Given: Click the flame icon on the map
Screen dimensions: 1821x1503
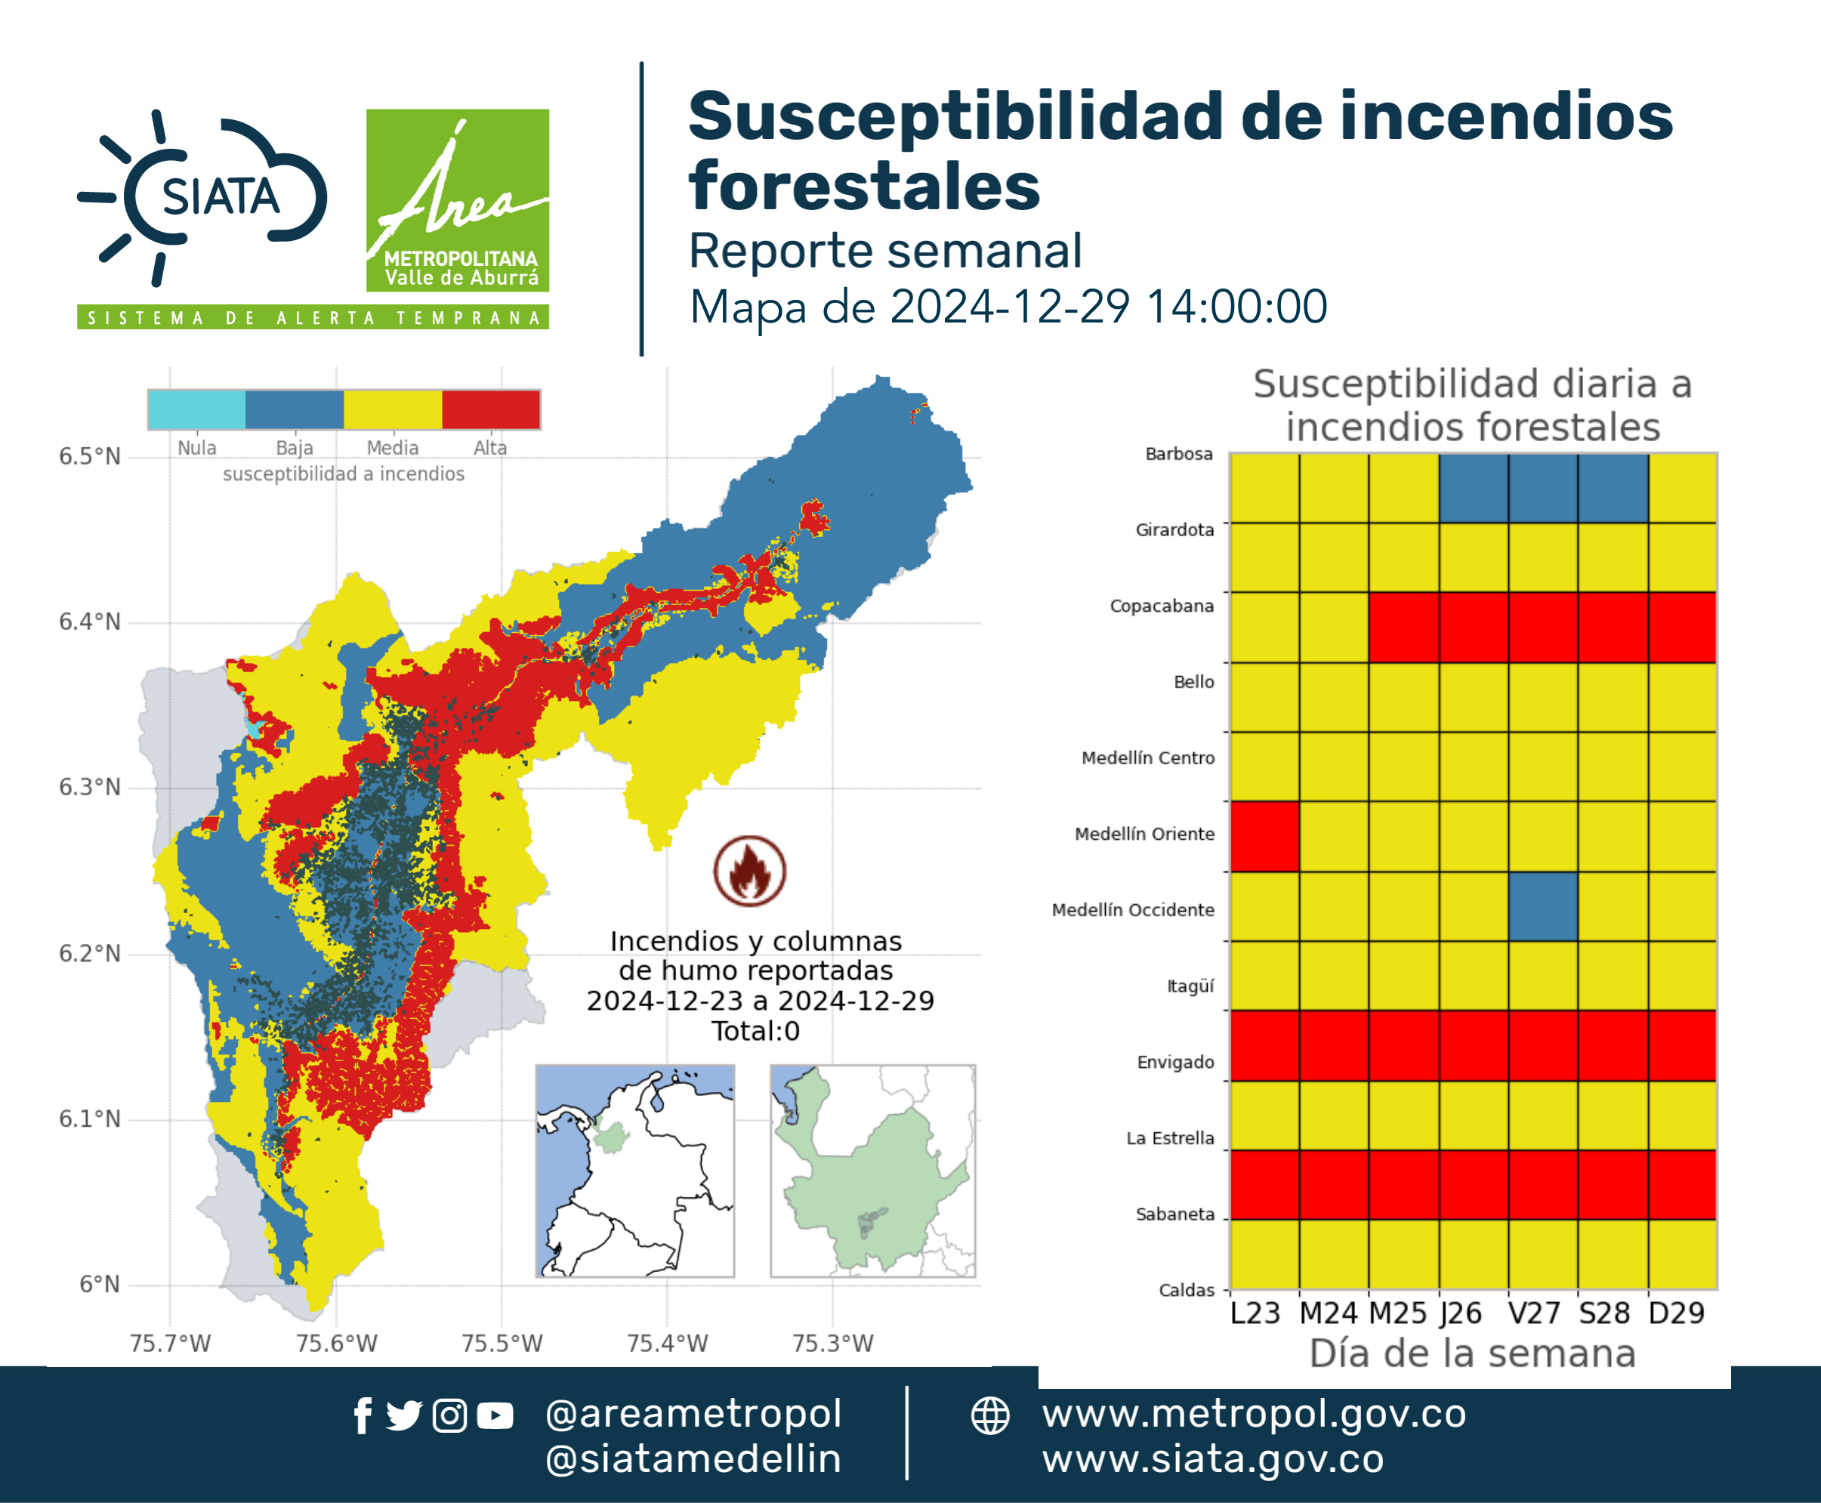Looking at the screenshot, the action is [x=750, y=871].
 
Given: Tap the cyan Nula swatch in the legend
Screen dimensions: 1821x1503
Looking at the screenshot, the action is [x=196, y=409].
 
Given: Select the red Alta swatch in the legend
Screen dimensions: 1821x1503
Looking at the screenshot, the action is [x=491, y=409].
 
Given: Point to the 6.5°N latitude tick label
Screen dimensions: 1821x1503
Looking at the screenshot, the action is [x=90, y=456].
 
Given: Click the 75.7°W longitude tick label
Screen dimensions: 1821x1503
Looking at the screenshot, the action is [x=170, y=1343].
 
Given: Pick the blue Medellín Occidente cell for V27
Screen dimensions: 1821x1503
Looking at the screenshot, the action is [x=1543, y=906].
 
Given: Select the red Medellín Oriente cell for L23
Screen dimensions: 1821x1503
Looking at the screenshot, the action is [x=1264, y=836].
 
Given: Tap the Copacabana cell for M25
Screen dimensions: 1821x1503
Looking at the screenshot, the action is [x=1403, y=627].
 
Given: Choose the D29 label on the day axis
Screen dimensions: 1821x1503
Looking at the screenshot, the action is [x=1677, y=1313].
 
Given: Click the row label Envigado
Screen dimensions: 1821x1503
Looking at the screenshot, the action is [x=1175, y=1063].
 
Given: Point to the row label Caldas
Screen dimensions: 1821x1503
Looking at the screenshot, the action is [x=1187, y=1290].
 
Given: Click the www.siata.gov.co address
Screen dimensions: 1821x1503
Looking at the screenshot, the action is [x=1212, y=1460].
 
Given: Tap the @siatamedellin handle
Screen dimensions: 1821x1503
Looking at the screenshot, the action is [x=693, y=1459].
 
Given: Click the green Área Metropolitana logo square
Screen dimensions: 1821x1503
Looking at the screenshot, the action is [x=457, y=200].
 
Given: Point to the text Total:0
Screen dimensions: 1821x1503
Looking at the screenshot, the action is [x=755, y=1031].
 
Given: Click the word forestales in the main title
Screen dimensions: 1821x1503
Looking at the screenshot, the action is [x=864, y=186].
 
